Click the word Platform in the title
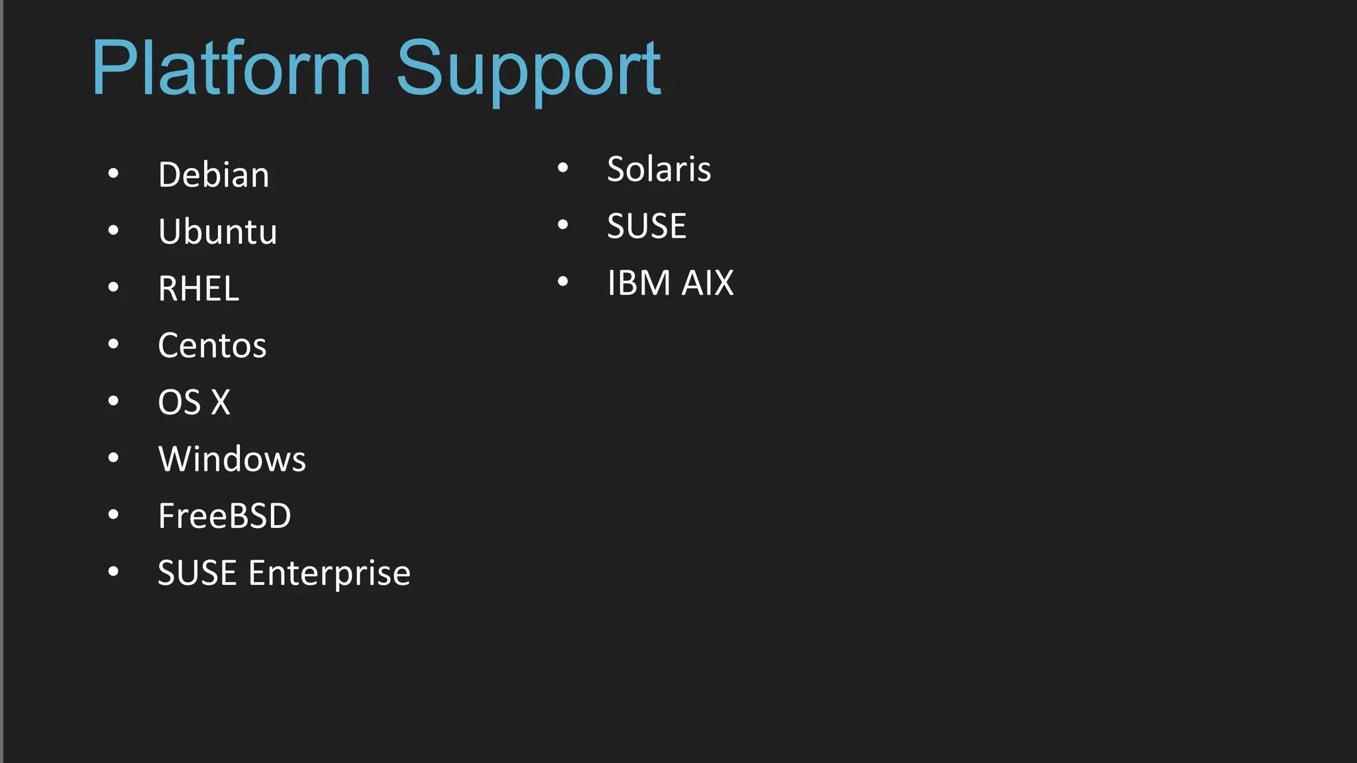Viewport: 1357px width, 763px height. point(231,68)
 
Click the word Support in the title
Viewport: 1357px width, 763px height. point(528,70)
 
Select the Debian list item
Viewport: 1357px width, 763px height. point(213,175)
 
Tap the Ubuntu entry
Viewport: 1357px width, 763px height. point(217,232)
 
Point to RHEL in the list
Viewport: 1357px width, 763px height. point(198,289)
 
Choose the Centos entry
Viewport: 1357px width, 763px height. point(212,346)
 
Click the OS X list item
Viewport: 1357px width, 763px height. point(194,403)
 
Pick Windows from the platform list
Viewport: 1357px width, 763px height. point(232,459)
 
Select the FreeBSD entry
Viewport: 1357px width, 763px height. point(225,516)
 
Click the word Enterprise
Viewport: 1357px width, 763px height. point(329,573)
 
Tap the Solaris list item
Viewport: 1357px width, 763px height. point(659,169)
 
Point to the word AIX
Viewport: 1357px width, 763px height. point(708,283)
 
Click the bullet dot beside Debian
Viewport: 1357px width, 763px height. point(113,174)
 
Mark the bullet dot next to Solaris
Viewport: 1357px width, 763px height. point(563,168)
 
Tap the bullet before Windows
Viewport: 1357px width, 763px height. point(113,458)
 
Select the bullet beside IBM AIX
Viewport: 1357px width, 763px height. point(563,281)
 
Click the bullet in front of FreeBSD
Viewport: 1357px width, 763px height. point(113,515)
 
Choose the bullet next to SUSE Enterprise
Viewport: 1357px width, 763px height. point(113,572)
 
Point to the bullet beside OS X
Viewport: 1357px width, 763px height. point(113,401)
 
